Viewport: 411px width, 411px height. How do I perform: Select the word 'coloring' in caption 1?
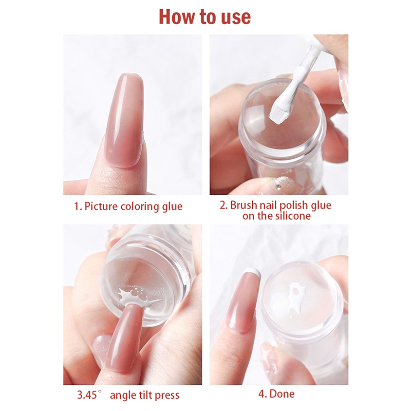[139, 207]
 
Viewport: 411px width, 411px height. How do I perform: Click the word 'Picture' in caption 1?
[101, 207]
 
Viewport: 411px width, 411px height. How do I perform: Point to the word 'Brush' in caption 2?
[243, 205]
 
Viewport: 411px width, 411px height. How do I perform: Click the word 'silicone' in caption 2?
[293, 216]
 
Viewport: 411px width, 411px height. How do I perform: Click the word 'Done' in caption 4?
[282, 394]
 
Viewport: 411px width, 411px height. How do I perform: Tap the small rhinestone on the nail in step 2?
[279, 187]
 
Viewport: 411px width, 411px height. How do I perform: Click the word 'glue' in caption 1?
[172, 207]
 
